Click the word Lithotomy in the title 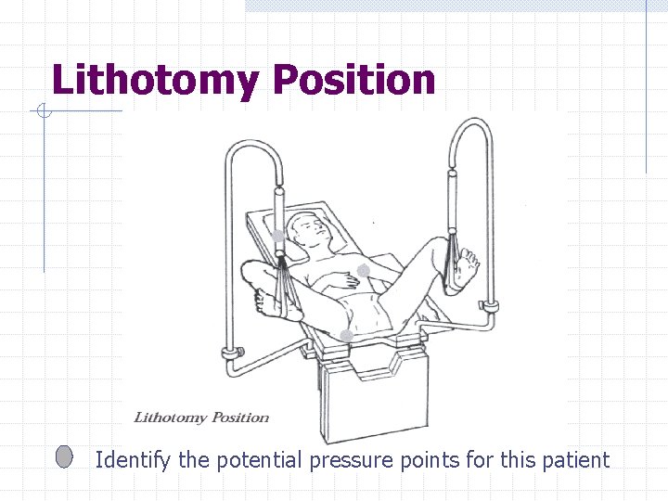pyautogui.click(x=153, y=81)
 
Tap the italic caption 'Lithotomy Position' pyautogui.click(x=201, y=417)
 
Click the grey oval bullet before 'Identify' pyautogui.click(x=64, y=456)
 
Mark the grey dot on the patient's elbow pyautogui.click(x=364, y=270)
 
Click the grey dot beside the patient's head pyautogui.click(x=278, y=236)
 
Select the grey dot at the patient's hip pyautogui.click(x=345, y=335)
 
